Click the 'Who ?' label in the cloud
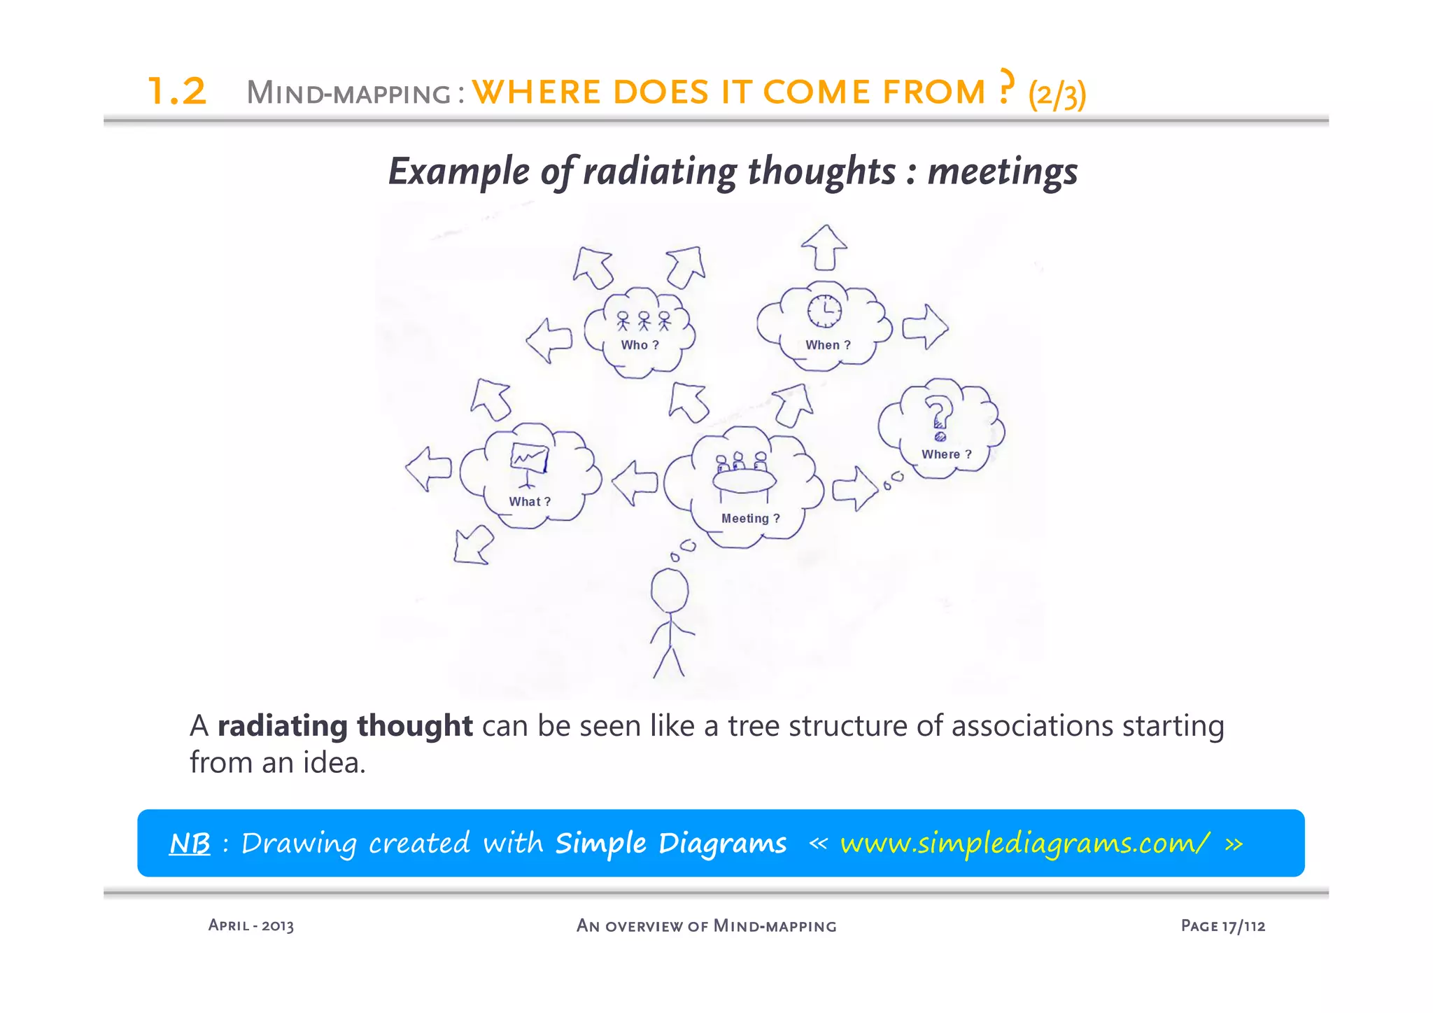[x=640, y=345]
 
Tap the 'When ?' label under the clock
[x=828, y=345]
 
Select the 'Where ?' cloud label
[x=946, y=454]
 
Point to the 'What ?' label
[x=530, y=502]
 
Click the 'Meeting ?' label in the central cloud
[x=750, y=519]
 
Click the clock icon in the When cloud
[x=825, y=310]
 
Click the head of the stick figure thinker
[x=670, y=590]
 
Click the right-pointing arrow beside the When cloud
[x=925, y=326]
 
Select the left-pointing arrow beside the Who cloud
[x=549, y=341]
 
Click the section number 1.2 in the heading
[x=177, y=92]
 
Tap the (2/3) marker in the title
[x=1057, y=94]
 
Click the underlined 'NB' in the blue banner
[x=190, y=844]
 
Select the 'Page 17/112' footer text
[x=1222, y=926]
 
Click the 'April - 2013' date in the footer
[x=251, y=925]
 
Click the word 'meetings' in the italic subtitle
[x=1002, y=172]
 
